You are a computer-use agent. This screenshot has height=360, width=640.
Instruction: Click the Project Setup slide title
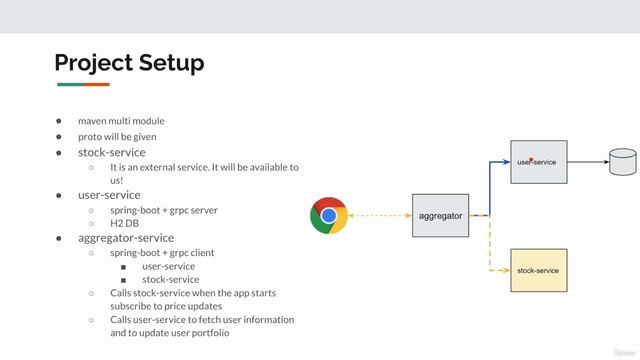129,63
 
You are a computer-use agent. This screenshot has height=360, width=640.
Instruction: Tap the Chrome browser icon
328,215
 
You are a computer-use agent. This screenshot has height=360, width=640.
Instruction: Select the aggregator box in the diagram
440,215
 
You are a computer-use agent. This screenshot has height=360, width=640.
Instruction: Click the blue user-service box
539,161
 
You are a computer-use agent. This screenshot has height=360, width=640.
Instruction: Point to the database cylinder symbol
623,160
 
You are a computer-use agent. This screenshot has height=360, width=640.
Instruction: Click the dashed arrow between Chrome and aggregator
379,215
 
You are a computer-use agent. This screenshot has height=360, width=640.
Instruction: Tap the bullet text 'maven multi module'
121,121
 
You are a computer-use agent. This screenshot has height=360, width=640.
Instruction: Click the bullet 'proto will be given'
118,137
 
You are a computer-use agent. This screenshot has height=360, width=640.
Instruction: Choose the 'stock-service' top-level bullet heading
112,152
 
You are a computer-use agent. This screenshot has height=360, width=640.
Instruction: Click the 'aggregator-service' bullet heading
126,238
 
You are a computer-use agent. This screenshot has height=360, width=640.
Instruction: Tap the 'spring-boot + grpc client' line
162,253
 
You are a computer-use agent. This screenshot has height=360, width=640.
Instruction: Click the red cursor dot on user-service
531,159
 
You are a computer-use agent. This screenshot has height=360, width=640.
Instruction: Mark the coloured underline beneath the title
82,85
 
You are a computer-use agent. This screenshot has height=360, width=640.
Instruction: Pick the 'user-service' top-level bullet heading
109,195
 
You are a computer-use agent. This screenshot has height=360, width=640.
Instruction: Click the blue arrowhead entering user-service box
507,161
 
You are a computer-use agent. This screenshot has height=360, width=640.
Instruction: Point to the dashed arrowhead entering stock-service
507,270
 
